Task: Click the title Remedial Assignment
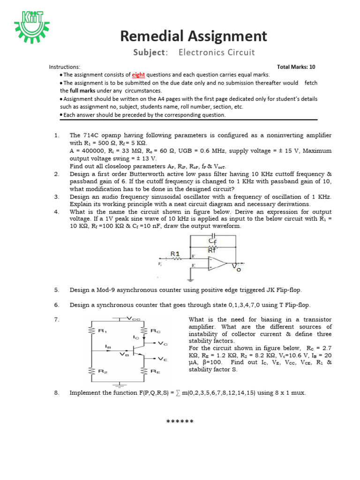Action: (x=194, y=36)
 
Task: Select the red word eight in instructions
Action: (x=138, y=75)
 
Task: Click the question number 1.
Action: (x=56, y=135)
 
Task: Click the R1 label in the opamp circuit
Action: (x=175, y=254)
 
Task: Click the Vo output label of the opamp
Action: (x=236, y=267)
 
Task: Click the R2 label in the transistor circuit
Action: (x=101, y=370)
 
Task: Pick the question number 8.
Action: (x=56, y=393)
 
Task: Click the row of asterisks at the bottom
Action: (x=180, y=422)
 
